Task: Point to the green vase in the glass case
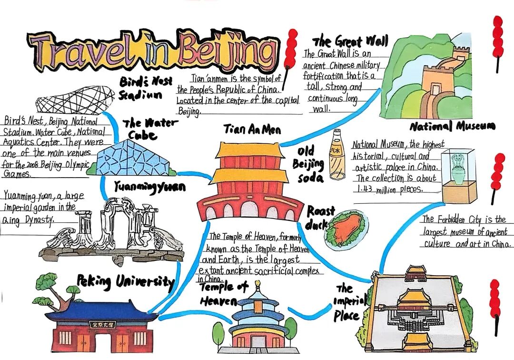pos(458,169)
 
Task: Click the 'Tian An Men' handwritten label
pos(252,130)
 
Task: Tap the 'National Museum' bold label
pos(452,126)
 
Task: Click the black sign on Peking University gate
pos(104,324)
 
